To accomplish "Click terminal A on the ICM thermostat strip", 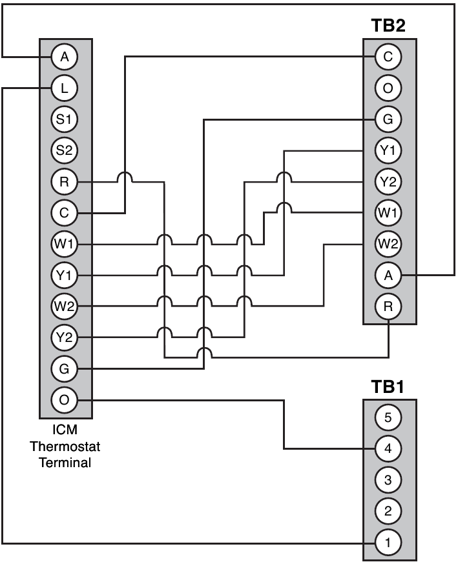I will (x=64, y=57).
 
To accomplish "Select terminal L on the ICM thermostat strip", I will (x=64, y=88).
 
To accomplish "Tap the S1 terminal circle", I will (x=64, y=119).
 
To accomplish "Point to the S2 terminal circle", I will (x=64, y=150).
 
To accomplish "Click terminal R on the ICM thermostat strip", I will (x=64, y=182).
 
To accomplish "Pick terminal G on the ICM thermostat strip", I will (x=64, y=369).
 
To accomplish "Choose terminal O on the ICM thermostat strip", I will (x=64, y=401).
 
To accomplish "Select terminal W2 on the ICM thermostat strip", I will (x=64, y=306).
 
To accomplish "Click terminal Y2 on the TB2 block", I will (x=388, y=182).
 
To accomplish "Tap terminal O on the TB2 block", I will (x=388, y=88).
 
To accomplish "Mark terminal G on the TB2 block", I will (x=388, y=119).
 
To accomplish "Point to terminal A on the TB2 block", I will (x=388, y=276).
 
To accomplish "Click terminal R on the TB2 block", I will (x=388, y=306).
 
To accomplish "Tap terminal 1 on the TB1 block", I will (x=388, y=543).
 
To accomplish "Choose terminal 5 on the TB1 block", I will (x=388, y=417).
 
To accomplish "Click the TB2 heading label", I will (x=388, y=26).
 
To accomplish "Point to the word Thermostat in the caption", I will (x=64, y=447).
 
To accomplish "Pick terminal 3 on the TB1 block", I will (x=388, y=480).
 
